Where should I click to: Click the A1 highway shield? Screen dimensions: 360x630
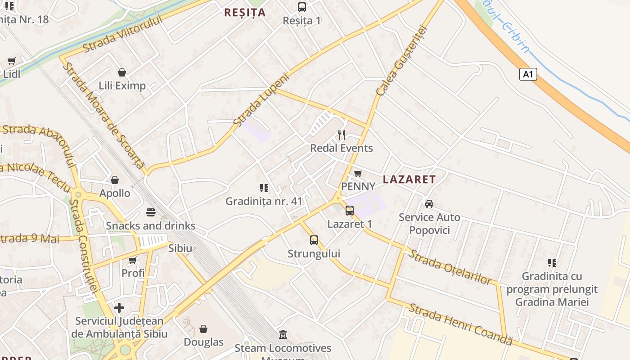tap(528, 74)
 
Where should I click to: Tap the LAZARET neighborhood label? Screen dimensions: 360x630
tap(409, 180)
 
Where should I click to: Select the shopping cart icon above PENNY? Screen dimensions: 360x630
tap(358, 173)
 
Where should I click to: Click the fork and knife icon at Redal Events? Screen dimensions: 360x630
tap(342, 135)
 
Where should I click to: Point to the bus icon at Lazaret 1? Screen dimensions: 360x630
tap(349, 210)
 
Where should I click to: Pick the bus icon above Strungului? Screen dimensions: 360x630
tap(314, 240)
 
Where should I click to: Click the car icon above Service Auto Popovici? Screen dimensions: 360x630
tap(429, 204)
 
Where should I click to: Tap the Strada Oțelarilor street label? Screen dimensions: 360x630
tap(450, 267)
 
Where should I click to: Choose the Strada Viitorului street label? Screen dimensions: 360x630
tap(122, 33)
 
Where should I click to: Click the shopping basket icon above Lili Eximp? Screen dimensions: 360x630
tap(121, 72)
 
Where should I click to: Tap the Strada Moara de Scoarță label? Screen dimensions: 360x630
tap(103, 116)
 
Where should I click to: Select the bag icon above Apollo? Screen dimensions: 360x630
tap(115, 180)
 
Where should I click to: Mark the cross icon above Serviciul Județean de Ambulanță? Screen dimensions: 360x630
tap(119, 308)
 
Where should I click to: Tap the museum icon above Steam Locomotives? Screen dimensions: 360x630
tap(283, 335)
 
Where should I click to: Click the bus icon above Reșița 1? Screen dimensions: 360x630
tap(301, 7)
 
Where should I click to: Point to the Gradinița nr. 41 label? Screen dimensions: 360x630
tap(264, 201)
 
